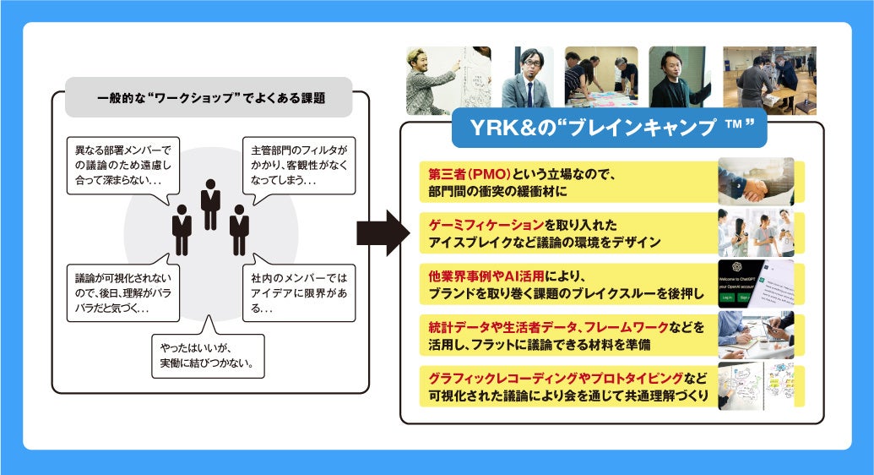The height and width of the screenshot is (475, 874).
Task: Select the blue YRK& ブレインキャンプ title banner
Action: coord(609,128)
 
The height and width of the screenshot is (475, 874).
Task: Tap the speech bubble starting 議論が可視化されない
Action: coord(123,292)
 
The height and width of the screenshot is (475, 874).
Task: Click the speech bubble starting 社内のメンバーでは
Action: coord(299,292)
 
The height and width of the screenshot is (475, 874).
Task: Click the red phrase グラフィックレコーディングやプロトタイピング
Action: coord(557,378)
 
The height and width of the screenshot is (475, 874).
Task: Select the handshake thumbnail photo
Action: coord(756,181)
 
